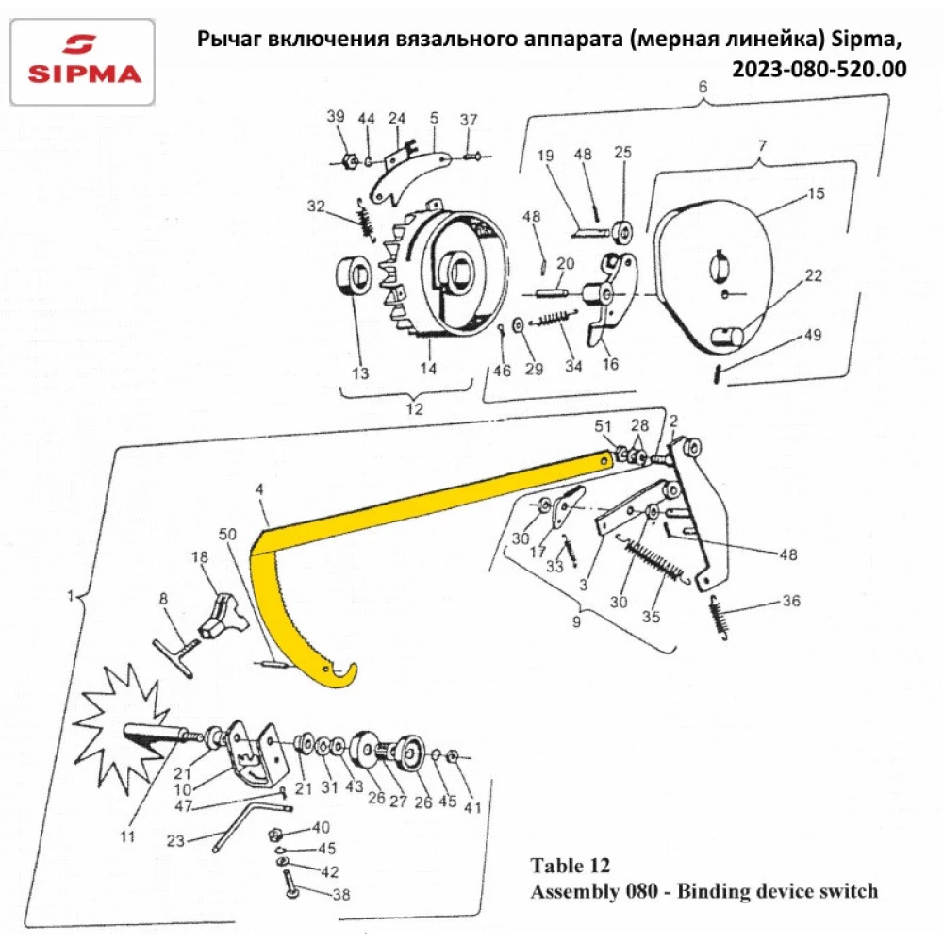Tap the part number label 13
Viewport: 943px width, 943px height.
click(x=360, y=373)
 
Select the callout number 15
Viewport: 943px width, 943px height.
click(x=816, y=193)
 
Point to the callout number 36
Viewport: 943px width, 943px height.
click(x=789, y=601)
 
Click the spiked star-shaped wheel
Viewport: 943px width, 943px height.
click(x=118, y=725)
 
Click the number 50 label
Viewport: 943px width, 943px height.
click(x=227, y=535)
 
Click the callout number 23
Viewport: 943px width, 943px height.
click(x=176, y=839)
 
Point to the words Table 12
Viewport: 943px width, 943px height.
click(x=570, y=866)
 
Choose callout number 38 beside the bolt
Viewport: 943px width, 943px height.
click(x=341, y=895)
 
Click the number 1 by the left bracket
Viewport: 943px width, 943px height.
click(x=70, y=597)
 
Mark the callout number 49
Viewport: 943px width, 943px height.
click(x=813, y=336)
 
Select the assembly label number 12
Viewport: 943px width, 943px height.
click(x=413, y=409)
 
